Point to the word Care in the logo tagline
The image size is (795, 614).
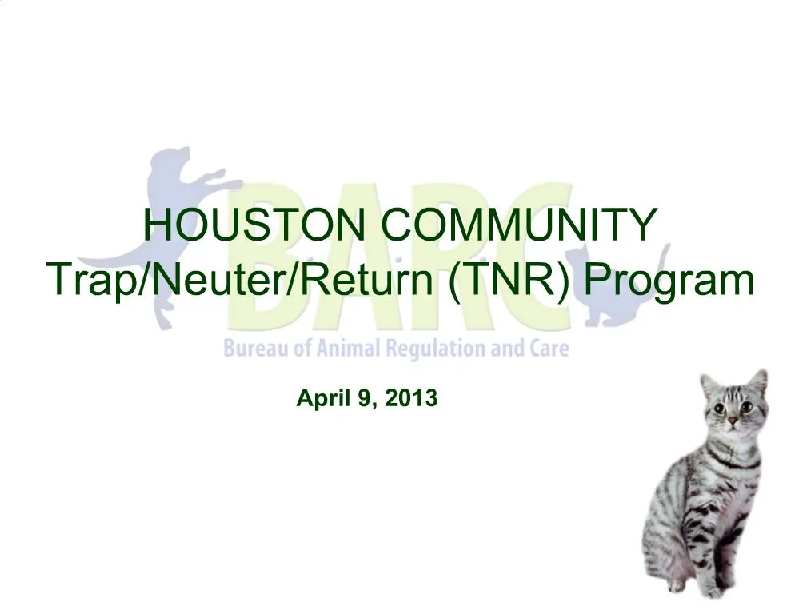tap(548, 349)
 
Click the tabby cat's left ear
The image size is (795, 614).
tap(708, 384)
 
